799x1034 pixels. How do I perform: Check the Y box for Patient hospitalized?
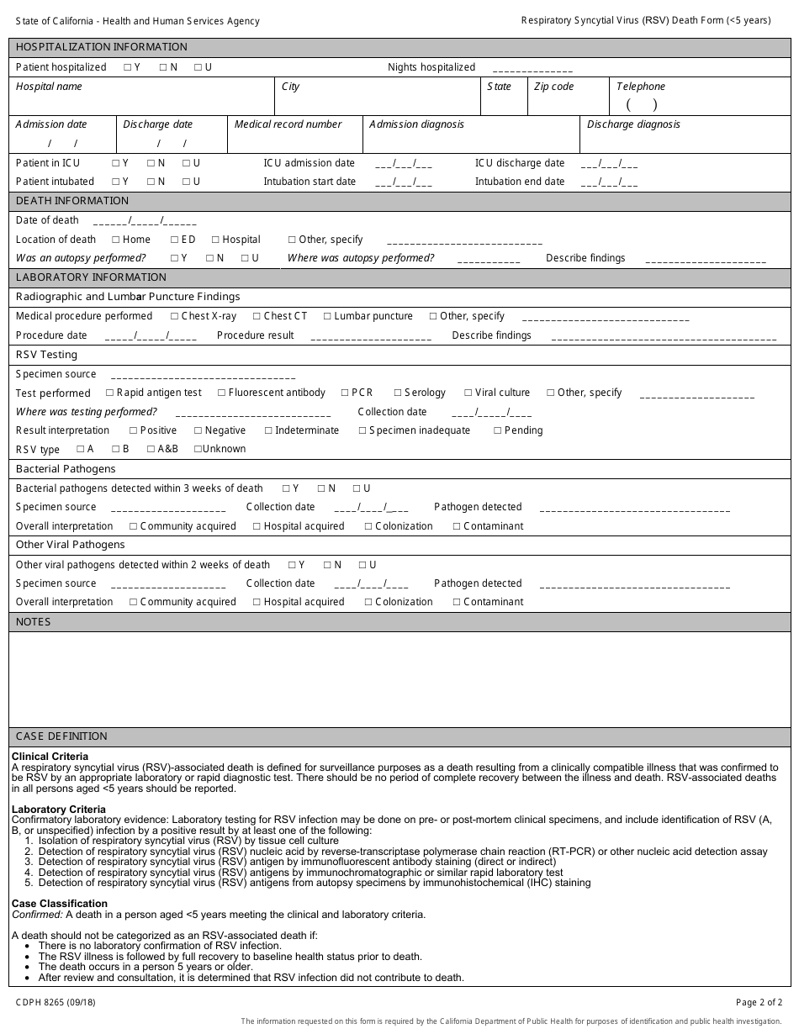coord(127,67)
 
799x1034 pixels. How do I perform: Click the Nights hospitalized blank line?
coord(532,69)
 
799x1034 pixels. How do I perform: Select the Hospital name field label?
coord(49,87)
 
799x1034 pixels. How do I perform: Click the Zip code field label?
coord(553,87)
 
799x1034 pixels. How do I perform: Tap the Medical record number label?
coord(288,124)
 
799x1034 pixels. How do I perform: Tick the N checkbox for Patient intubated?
coord(151,182)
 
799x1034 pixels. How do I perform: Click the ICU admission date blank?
coord(404,164)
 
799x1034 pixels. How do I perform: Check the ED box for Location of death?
coord(174,240)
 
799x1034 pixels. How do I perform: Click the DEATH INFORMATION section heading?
coord(72,201)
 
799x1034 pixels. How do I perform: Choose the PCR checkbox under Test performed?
coord(345,393)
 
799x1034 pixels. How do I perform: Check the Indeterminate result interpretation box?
coord(268,430)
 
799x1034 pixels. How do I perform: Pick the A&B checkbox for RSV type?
coord(151,449)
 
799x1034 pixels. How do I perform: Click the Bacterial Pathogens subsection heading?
coord(66,469)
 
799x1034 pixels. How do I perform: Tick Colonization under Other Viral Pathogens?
coord(368,602)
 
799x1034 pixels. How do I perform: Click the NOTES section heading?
coord(34,622)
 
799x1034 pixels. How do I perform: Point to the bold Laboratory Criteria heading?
coord(59,810)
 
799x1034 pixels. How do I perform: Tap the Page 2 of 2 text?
coord(759,1002)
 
